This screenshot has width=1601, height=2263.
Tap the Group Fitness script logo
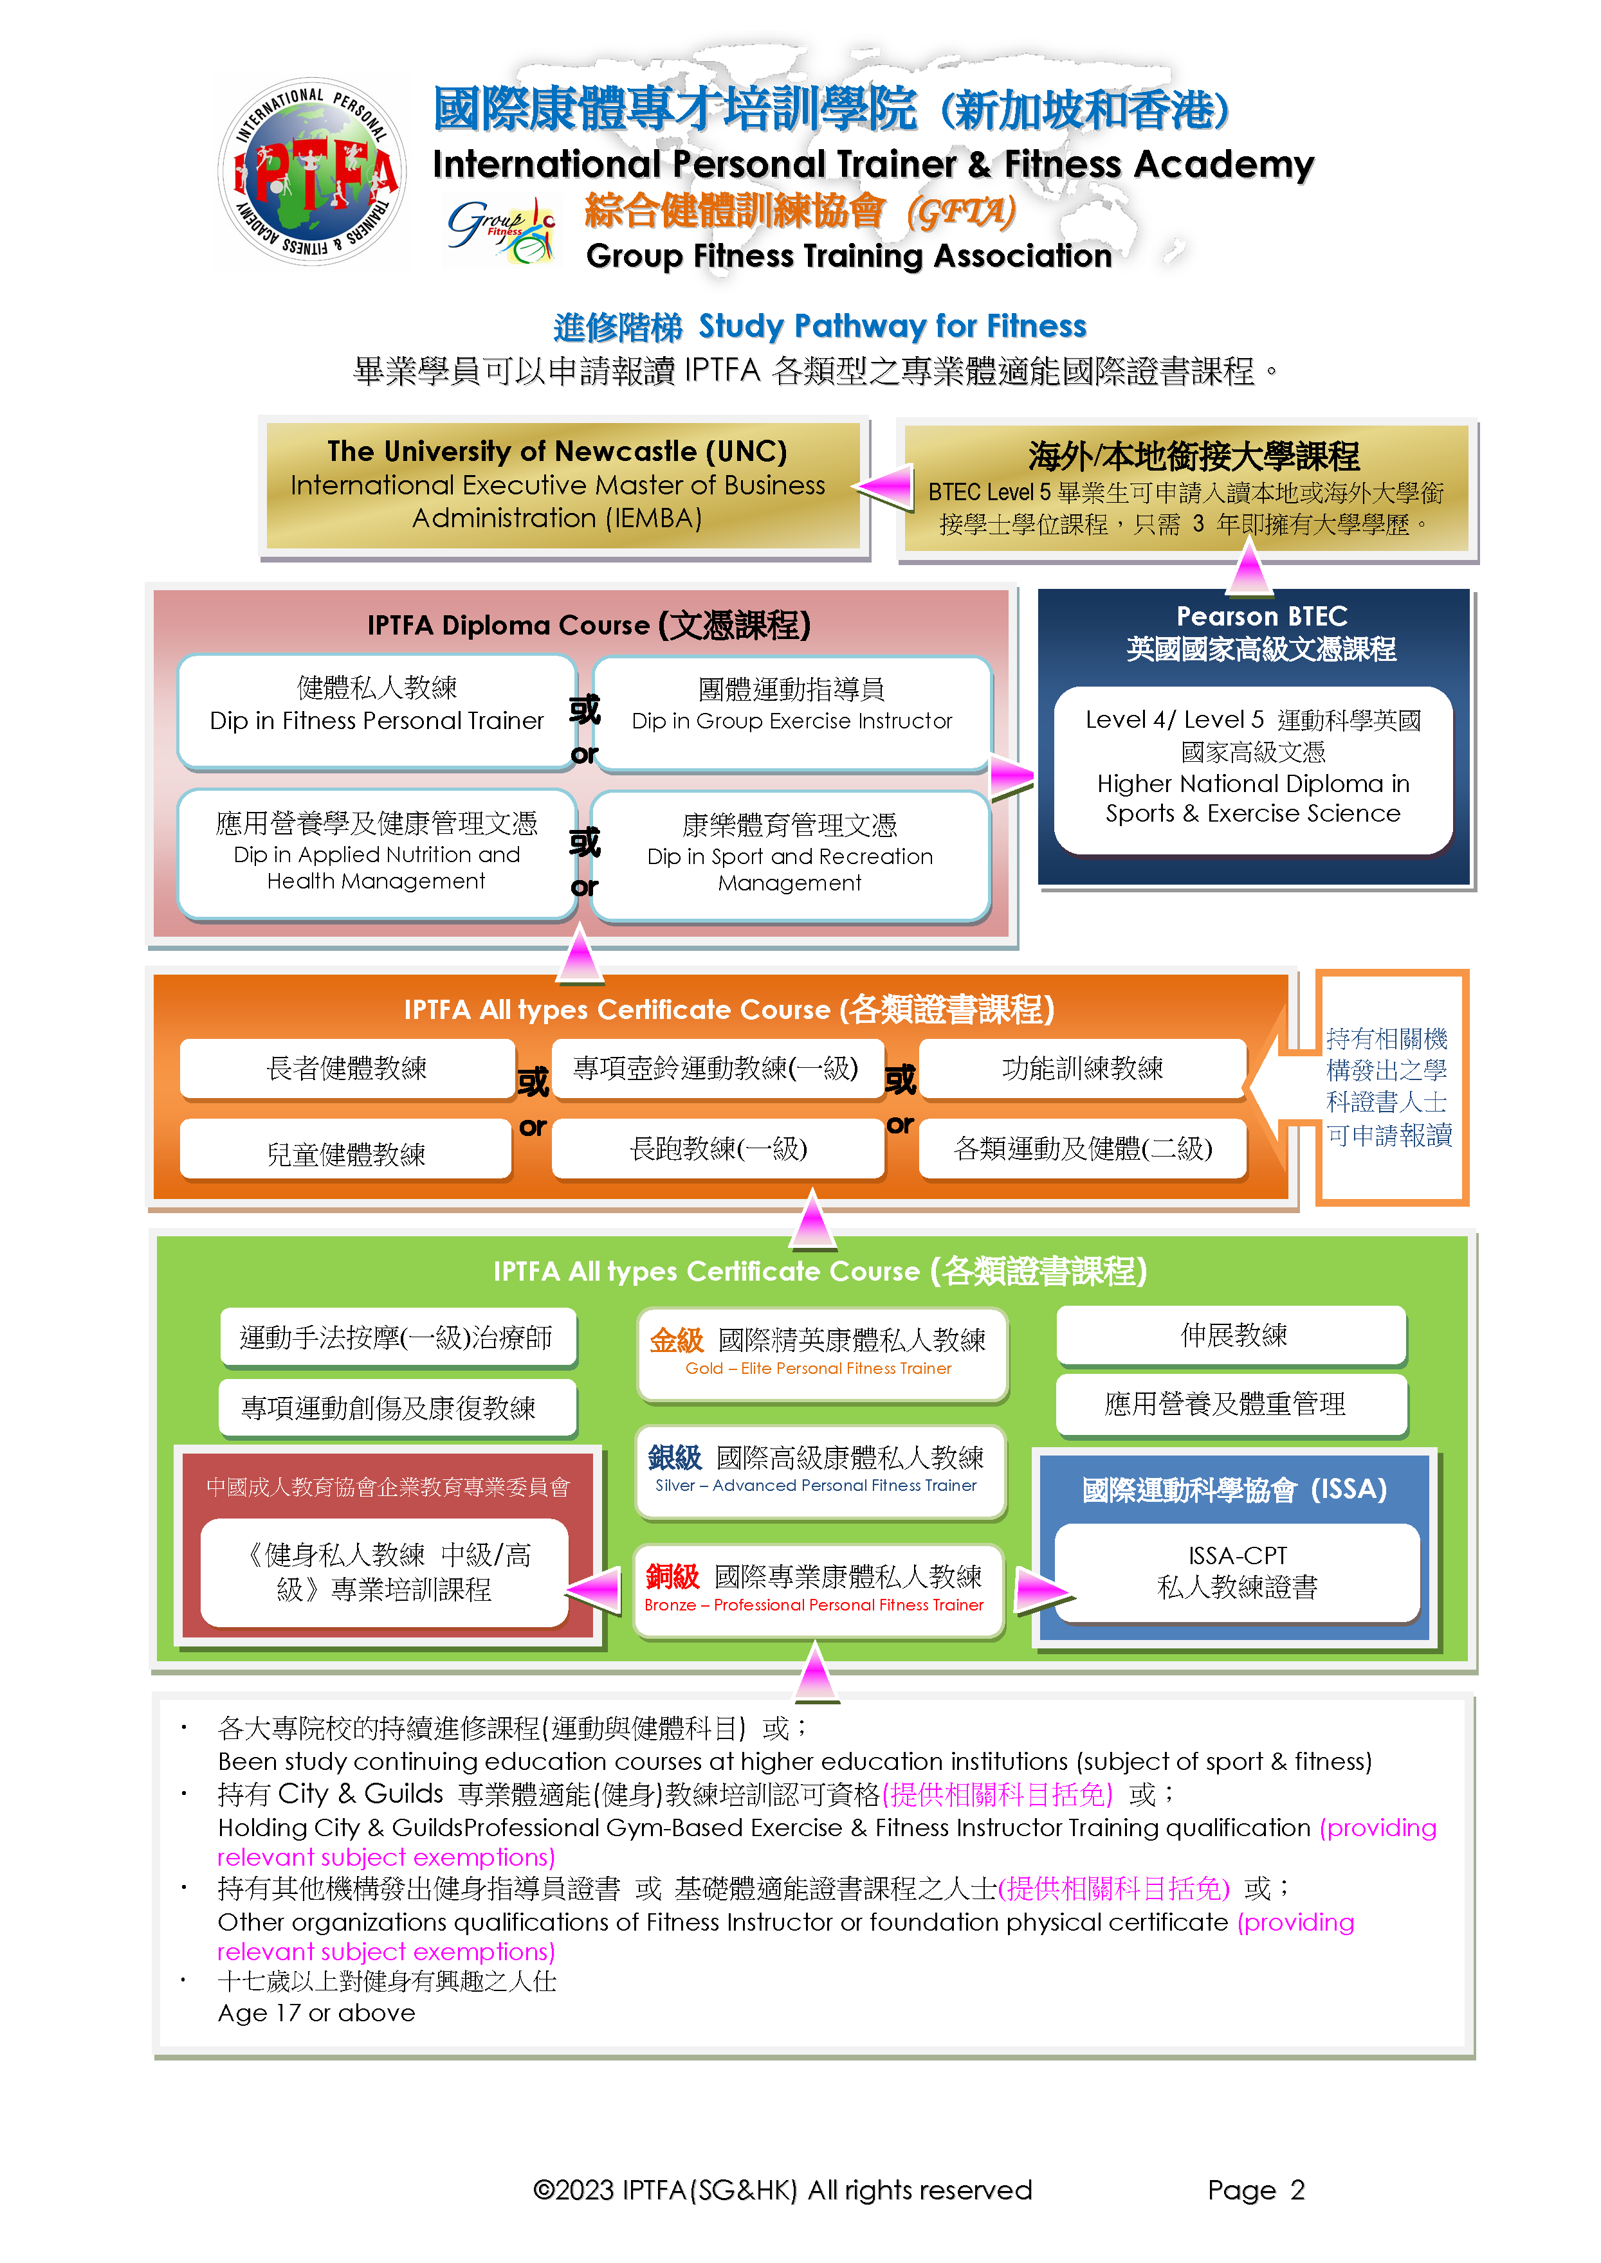tap(502, 230)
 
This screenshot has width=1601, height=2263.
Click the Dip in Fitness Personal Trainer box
tap(376, 710)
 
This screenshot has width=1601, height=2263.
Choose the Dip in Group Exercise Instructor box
tap(792, 712)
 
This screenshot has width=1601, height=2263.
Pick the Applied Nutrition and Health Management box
tap(376, 854)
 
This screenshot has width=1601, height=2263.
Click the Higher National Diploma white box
tap(1253, 770)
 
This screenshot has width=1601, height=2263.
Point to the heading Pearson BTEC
tap(1262, 616)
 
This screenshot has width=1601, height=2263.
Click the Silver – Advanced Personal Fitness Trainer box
tap(820, 1470)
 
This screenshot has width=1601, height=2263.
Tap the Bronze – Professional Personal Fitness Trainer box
tap(818, 1589)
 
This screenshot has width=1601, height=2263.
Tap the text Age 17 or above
tap(316, 2013)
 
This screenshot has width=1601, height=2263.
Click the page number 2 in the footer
tap(1297, 2190)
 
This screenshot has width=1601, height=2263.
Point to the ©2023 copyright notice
tap(782, 2190)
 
